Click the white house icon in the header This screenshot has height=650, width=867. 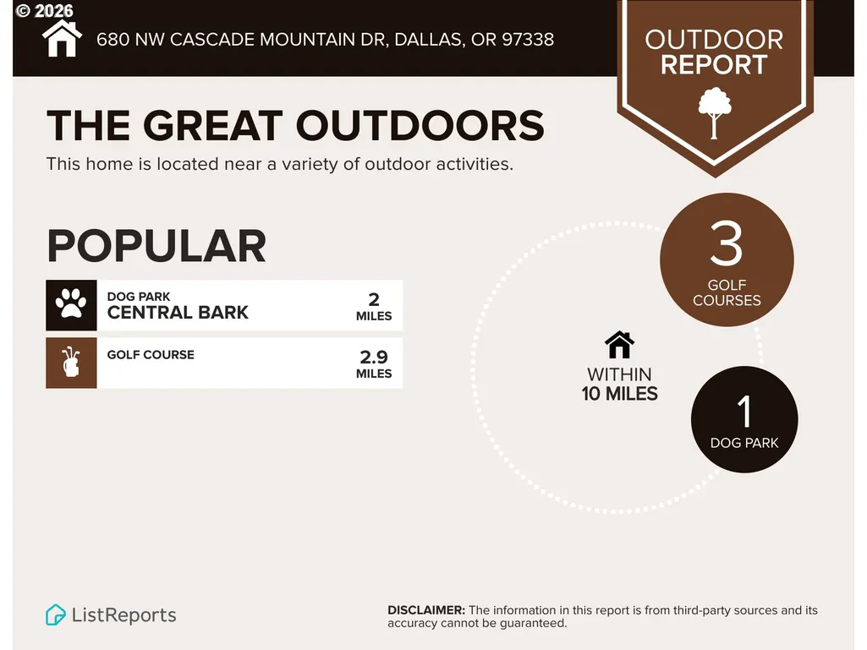62,39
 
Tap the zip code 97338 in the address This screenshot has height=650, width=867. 528,39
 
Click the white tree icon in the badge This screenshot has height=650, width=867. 715,112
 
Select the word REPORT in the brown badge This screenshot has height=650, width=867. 714,65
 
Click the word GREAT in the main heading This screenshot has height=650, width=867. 213,125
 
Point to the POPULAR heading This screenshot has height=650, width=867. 156,246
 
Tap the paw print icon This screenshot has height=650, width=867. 71,304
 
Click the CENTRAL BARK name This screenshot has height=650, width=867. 178,312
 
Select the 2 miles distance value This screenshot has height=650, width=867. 374,306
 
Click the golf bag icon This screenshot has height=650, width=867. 71,362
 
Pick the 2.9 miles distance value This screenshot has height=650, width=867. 374,363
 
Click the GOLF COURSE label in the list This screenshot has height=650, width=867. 151,355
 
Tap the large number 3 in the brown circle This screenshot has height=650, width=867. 727,243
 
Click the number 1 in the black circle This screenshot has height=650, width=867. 745,412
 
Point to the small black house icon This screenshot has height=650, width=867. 619,345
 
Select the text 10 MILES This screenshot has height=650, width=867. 619,394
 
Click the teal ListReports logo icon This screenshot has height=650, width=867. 55,614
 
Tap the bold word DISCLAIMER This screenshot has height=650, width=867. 426,610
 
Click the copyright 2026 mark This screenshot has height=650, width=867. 45,10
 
